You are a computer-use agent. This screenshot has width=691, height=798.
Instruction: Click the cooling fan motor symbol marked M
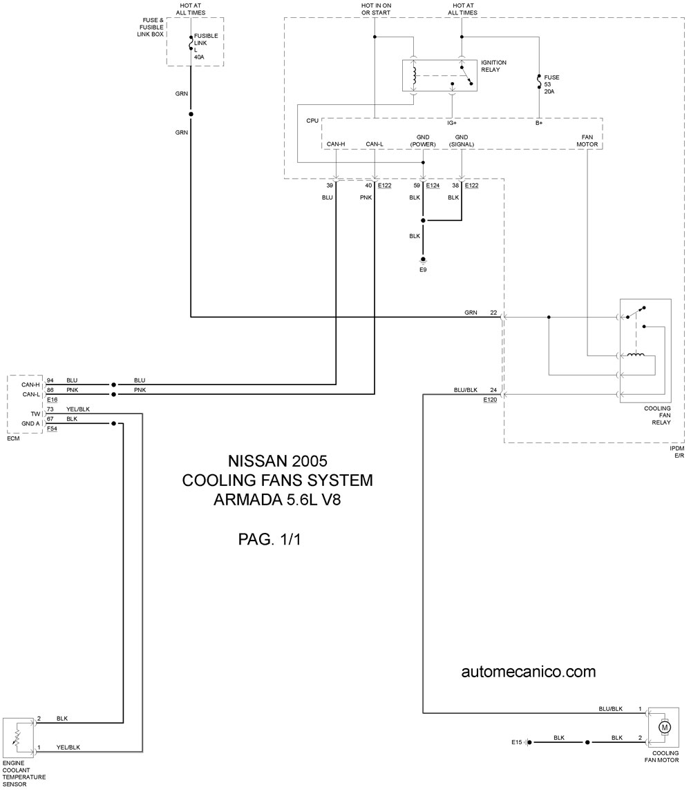click(x=664, y=728)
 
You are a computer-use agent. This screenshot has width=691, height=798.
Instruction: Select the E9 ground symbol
click(x=423, y=260)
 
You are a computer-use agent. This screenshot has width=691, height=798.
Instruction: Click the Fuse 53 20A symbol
click(x=538, y=82)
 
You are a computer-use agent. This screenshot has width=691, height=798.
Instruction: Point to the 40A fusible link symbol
click(x=191, y=43)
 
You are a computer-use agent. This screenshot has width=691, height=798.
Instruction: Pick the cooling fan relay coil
click(x=636, y=355)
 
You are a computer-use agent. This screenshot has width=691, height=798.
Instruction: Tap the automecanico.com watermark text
click(x=529, y=672)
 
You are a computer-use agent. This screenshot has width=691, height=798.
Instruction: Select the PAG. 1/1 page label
click(x=269, y=539)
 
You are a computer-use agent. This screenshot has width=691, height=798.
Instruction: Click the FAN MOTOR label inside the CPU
click(x=587, y=140)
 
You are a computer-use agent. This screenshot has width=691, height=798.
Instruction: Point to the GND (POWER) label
click(x=423, y=140)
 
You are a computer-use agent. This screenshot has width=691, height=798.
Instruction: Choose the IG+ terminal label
click(x=452, y=123)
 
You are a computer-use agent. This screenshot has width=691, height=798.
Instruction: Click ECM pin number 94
click(x=50, y=380)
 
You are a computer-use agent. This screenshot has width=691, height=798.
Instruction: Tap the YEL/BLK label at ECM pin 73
click(x=78, y=409)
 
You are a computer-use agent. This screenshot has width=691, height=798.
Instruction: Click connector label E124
click(x=433, y=185)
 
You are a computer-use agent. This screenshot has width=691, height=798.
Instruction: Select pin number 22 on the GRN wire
click(x=493, y=313)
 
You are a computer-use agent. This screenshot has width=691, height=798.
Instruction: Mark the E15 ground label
click(x=517, y=742)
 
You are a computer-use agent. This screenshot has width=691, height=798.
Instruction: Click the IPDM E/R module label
click(x=677, y=452)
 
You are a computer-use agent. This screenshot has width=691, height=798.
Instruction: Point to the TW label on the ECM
click(x=35, y=413)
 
